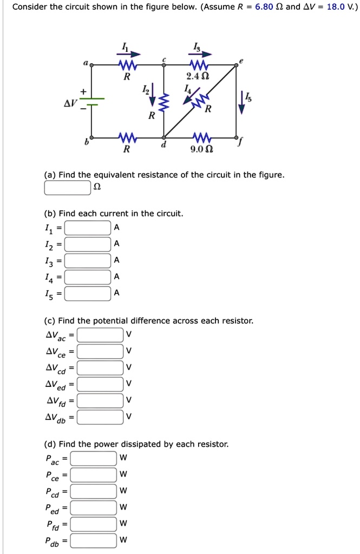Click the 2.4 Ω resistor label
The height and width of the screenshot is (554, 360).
point(194,77)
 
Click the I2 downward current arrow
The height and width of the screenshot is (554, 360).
point(153,94)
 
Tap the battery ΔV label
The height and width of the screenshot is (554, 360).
point(71,102)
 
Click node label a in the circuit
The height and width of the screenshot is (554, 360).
point(85,63)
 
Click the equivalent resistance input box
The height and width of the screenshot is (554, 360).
point(67,188)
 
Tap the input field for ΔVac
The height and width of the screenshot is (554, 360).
point(100,335)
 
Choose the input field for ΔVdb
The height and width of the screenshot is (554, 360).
point(100,417)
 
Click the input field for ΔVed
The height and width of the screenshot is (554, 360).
point(100,384)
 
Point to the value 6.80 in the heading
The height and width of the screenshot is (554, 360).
point(265,8)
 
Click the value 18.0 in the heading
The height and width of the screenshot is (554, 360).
point(332,8)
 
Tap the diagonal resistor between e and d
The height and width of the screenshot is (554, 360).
point(200,101)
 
